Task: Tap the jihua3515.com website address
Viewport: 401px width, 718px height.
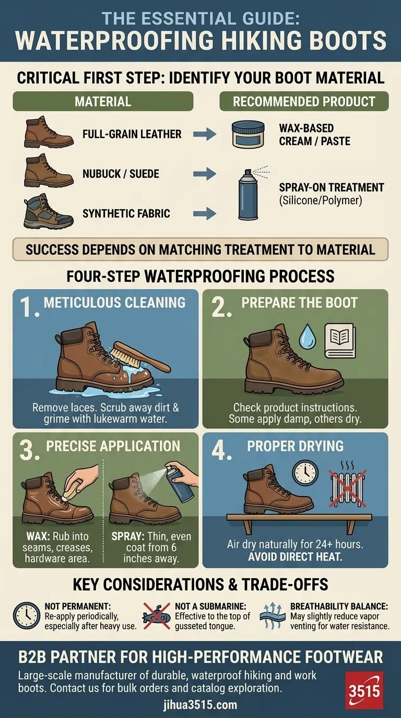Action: point(200,705)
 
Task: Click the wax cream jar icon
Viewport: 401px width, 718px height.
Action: point(248,135)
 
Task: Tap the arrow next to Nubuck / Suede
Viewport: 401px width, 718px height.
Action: point(204,173)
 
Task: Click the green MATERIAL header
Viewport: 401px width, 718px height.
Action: point(103,101)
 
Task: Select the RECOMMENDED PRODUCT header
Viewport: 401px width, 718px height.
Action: point(304,101)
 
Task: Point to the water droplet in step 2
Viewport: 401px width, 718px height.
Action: point(305,338)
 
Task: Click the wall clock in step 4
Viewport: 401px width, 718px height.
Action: point(305,472)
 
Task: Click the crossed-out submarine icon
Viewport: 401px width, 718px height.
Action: point(157,616)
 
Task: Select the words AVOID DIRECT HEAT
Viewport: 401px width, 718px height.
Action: point(295,557)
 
